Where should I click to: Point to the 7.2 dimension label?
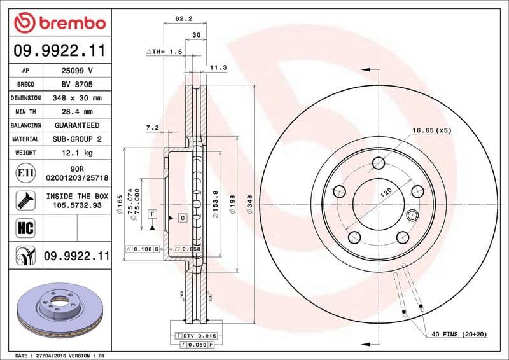click(x=152, y=128)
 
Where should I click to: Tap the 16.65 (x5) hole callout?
click(x=431, y=130)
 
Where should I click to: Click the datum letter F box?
click(x=153, y=214)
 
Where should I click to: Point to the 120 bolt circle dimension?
click(x=386, y=192)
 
